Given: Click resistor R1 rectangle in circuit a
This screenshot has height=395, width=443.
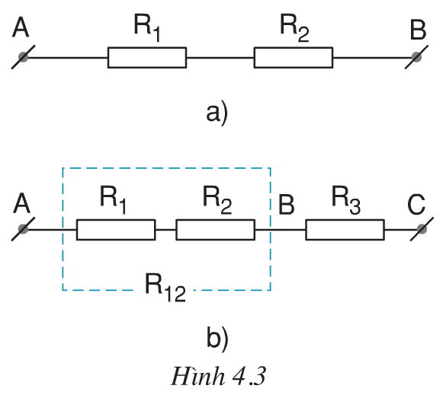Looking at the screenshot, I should [x=146, y=58].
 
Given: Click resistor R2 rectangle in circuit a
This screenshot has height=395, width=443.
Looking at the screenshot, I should [x=293, y=58].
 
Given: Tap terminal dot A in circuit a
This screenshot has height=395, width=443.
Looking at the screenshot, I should [x=24, y=58].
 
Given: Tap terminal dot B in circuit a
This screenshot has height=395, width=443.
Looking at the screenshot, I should [x=416, y=58].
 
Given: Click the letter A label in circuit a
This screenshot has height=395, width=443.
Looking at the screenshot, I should [x=21, y=28].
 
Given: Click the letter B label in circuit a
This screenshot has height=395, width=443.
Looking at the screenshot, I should [x=418, y=30].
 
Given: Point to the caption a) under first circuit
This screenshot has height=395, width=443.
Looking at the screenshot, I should [x=217, y=113].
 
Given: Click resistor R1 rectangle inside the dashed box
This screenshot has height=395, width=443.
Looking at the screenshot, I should [x=116, y=229].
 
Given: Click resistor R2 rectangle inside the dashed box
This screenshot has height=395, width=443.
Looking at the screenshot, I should [x=215, y=229].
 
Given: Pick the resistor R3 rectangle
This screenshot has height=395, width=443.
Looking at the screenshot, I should [x=345, y=229].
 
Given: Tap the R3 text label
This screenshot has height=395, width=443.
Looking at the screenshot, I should [x=345, y=199].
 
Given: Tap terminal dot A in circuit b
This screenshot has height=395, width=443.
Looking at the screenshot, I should [x=24, y=229].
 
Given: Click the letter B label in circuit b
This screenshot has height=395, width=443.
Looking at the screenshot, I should [x=287, y=204].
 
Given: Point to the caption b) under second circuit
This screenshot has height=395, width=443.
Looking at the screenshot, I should [x=217, y=335].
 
